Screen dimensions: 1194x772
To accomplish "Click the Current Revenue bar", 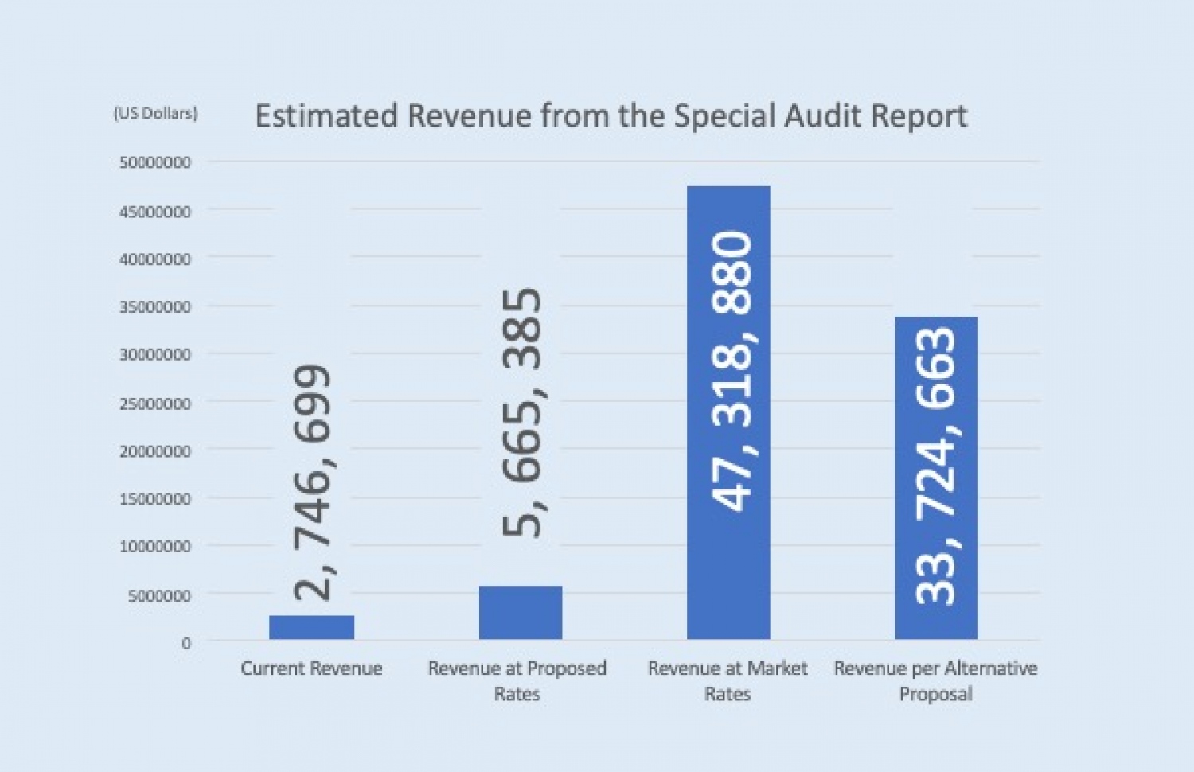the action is (x=312, y=627).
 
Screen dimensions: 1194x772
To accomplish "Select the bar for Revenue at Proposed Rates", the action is (x=521, y=612).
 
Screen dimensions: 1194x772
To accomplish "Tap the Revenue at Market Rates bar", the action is (x=728, y=412).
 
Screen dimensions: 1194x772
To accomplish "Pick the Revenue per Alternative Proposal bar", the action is (x=936, y=478).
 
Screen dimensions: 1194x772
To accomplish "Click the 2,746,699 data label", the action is (x=313, y=483).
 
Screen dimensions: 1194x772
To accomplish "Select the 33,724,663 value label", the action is (x=936, y=466).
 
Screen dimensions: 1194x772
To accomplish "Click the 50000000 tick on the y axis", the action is (x=154, y=162).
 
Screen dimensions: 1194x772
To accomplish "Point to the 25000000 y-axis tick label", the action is (x=154, y=404).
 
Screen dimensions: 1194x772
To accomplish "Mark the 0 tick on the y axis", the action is (x=186, y=644).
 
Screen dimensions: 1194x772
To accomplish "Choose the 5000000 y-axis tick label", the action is (x=159, y=595).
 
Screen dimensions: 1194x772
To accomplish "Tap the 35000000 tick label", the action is (x=154, y=307).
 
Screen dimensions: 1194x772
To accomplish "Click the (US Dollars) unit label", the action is (x=155, y=114).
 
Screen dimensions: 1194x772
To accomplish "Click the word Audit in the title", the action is (x=822, y=115).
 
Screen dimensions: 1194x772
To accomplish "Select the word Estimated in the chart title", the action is (x=326, y=115).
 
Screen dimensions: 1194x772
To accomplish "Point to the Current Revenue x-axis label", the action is (x=312, y=668).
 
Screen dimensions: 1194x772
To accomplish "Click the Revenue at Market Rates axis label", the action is (x=728, y=681).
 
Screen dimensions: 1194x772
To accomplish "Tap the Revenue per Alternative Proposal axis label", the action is (x=936, y=681).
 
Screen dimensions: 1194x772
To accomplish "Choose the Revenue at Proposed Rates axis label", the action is (x=517, y=681).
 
